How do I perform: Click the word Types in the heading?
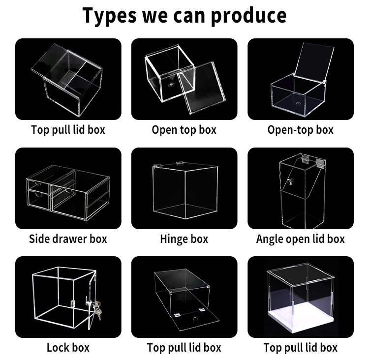(x=109, y=15)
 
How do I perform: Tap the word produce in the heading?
(x=248, y=15)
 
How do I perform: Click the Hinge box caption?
(x=184, y=239)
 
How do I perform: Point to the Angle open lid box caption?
(x=300, y=239)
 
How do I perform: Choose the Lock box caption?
(x=68, y=348)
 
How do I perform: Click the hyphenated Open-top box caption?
(x=300, y=130)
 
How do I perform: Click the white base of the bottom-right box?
(x=301, y=318)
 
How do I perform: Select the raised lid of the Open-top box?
(x=314, y=62)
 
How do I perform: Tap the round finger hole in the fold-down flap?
(x=195, y=319)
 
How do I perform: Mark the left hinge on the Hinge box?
(x=158, y=166)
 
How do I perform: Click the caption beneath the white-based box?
(x=300, y=348)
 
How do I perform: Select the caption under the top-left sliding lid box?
(x=68, y=130)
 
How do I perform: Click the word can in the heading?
(x=189, y=16)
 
